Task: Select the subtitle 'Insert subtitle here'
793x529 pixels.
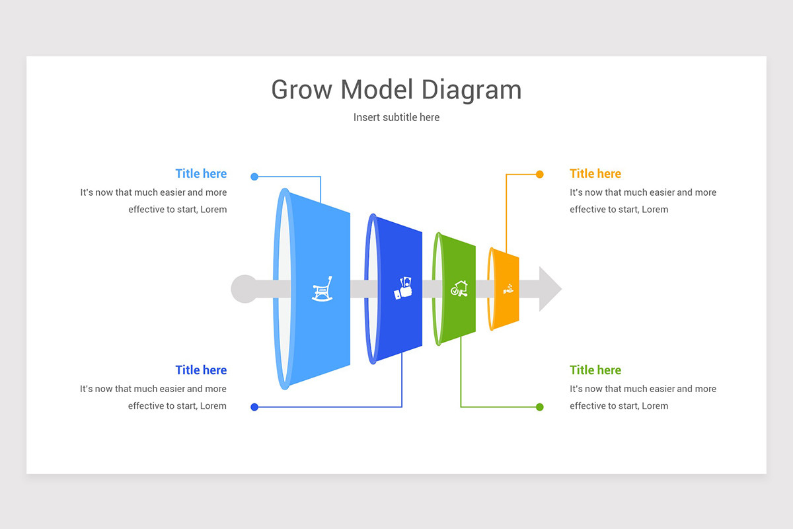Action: click(397, 117)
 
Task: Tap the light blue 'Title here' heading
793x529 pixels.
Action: click(201, 174)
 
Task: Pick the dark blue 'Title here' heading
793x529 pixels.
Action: click(201, 370)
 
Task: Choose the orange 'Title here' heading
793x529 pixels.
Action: click(595, 174)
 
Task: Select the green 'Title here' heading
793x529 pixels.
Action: click(595, 370)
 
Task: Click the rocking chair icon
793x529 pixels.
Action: click(322, 289)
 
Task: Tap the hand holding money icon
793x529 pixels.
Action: click(403, 288)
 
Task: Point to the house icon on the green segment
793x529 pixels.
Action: click(459, 289)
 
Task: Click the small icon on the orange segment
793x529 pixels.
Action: click(508, 289)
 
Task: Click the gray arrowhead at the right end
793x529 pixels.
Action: click(550, 289)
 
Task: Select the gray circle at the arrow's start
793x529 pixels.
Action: click(244, 289)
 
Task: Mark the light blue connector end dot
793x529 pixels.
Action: click(254, 177)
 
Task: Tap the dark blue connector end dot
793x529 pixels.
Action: click(254, 407)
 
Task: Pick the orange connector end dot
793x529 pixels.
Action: click(540, 175)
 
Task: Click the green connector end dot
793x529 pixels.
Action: click(540, 407)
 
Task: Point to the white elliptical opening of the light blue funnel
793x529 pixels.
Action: click(283, 289)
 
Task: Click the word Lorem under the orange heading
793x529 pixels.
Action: click(655, 210)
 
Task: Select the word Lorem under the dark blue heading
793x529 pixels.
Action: click(213, 406)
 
